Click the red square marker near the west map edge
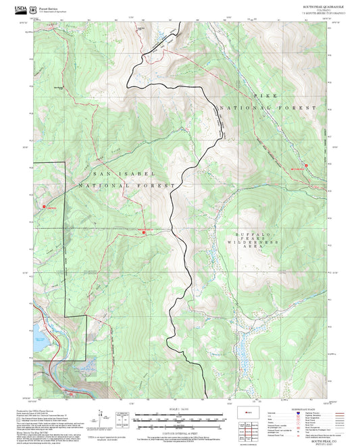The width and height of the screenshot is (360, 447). pos(44,207)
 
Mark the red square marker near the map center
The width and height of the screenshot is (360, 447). pos(144,233)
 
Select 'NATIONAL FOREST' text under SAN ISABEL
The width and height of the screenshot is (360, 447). pos(127,185)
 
